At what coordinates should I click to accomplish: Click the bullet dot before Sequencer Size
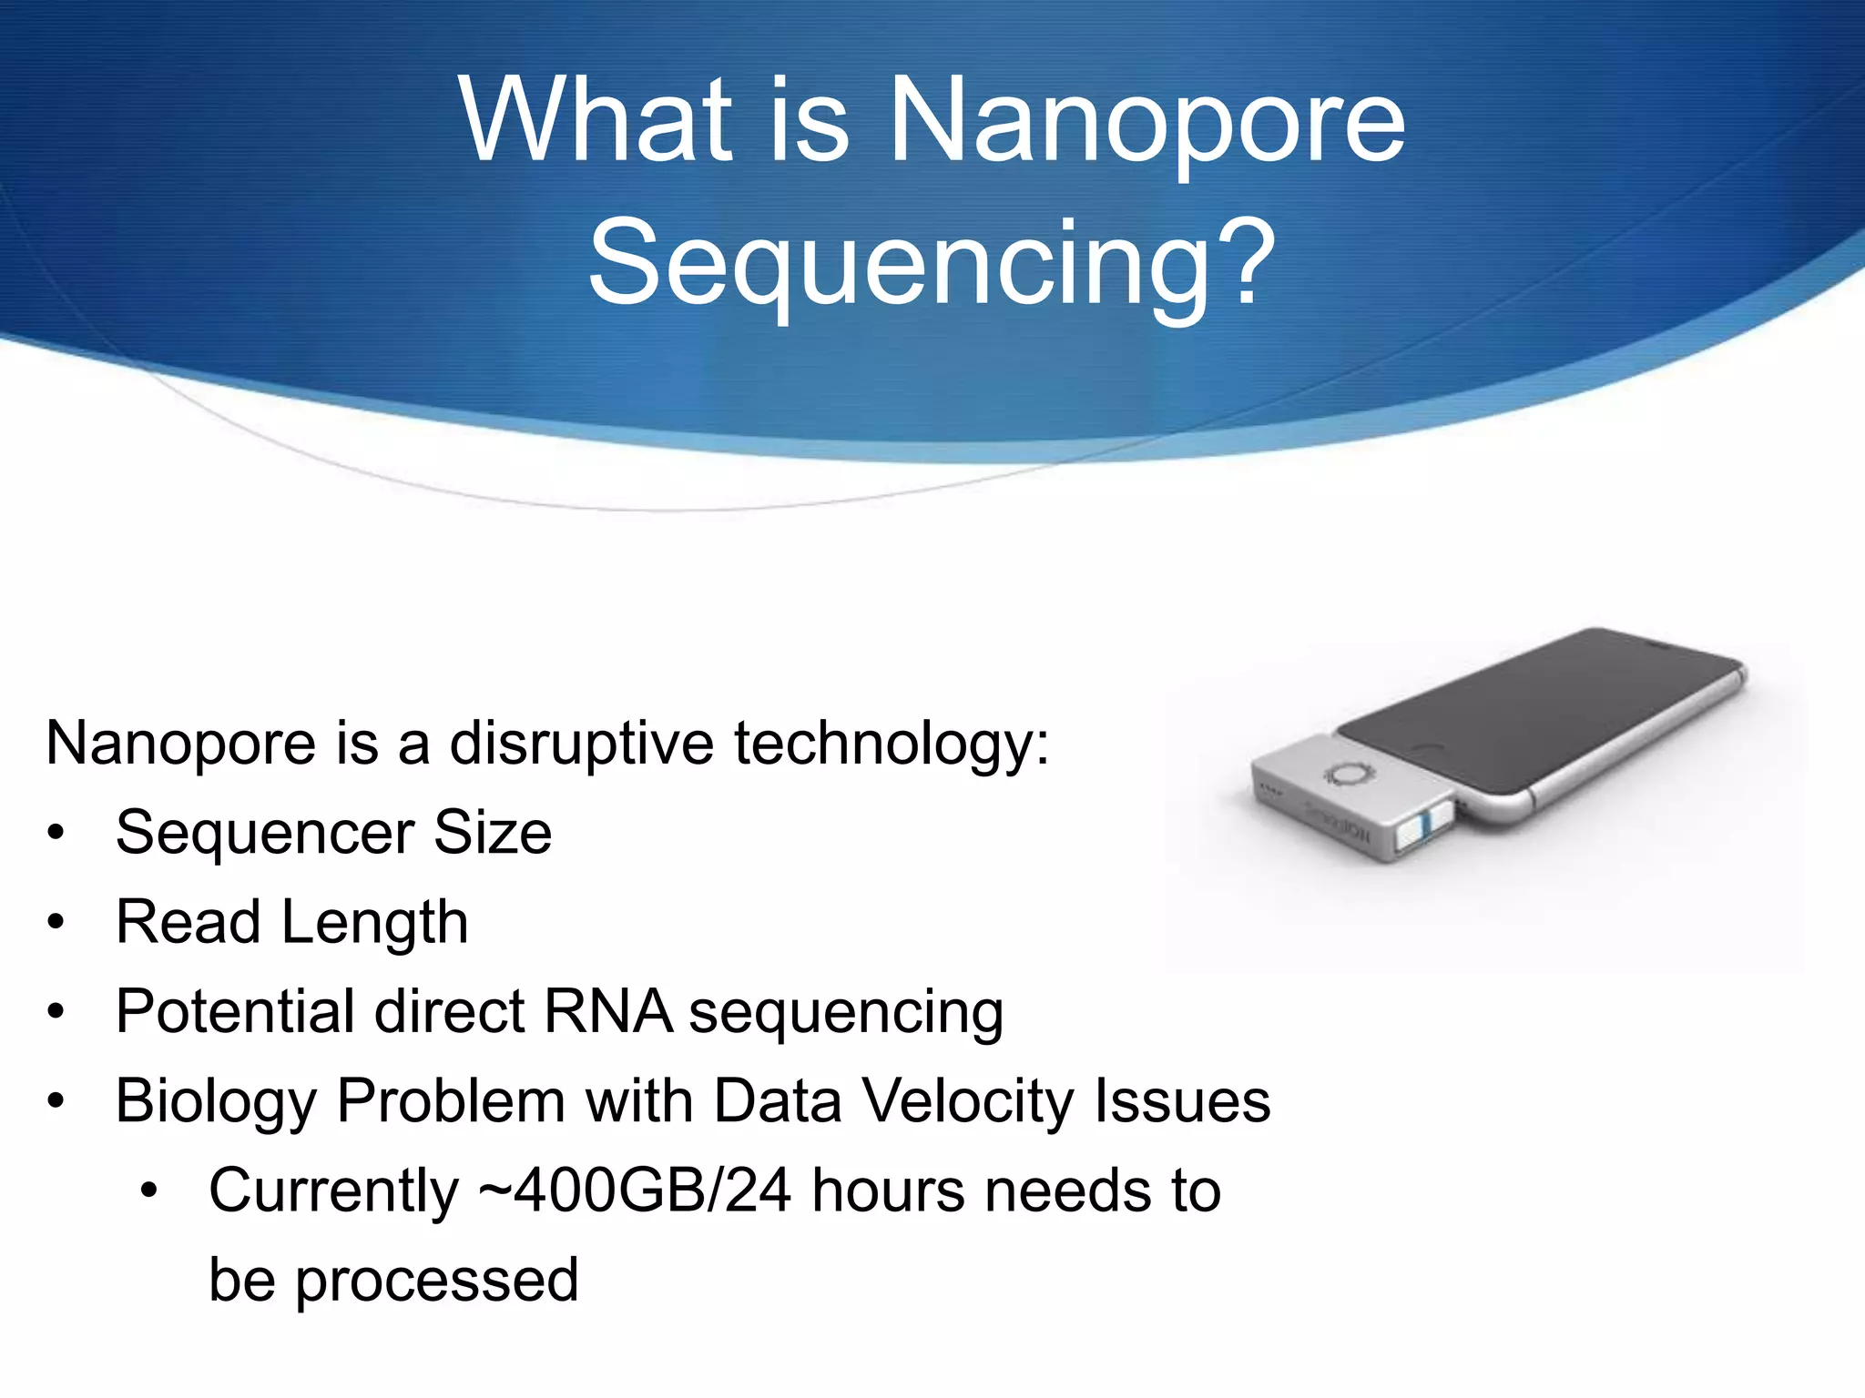click(x=56, y=833)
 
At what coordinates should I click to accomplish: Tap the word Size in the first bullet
click(x=492, y=833)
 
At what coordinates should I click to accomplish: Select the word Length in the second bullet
click(x=374, y=924)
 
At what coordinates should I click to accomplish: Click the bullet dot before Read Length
click(x=56, y=922)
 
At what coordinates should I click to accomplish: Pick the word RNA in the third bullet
click(x=607, y=1011)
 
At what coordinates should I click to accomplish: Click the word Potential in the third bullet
click(x=235, y=1011)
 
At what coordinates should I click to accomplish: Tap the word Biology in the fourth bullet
click(x=216, y=1102)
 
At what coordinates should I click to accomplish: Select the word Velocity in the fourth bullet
click(x=968, y=1100)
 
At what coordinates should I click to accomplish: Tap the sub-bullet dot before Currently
click(x=149, y=1190)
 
